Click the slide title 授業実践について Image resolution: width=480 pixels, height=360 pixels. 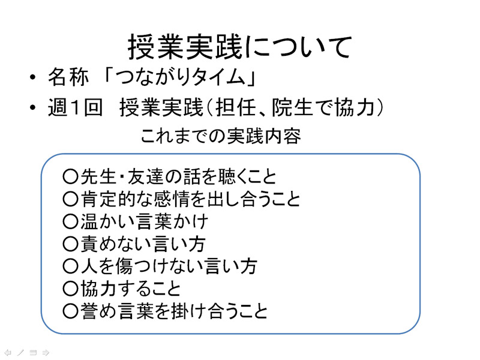click(239, 47)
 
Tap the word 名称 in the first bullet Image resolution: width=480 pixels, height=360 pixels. click(68, 77)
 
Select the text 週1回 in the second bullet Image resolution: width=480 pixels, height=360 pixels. click(75, 107)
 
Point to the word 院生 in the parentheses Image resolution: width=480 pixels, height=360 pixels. click(292, 107)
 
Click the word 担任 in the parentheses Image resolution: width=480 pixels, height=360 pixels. click(236, 107)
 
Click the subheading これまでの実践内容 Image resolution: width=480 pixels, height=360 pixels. click(221, 136)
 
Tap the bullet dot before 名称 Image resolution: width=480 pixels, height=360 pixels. click(33, 77)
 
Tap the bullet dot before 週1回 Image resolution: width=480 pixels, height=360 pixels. click(33, 107)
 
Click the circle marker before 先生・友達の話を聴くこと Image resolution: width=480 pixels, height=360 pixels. click(70, 176)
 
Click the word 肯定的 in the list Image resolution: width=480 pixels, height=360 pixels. click(106, 199)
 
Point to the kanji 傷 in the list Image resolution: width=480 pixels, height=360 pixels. click(124, 266)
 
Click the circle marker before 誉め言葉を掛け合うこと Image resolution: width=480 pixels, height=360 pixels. click(70, 311)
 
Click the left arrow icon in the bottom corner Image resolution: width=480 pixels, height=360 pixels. click(8, 353)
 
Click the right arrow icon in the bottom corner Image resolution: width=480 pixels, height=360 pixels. click(46, 353)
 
